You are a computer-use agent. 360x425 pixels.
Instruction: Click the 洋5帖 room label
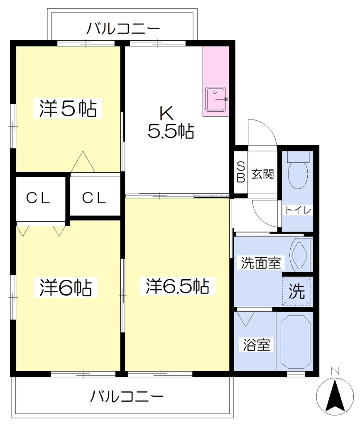pyautogui.click(x=68, y=108)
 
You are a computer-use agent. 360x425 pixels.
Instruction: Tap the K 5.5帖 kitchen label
pyautogui.click(x=171, y=122)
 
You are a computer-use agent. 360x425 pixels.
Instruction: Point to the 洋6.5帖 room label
pyautogui.click(x=178, y=286)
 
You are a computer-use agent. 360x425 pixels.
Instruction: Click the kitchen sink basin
pyautogui.click(x=216, y=99)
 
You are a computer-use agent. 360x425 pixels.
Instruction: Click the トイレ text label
pyautogui.click(x=298, y=210)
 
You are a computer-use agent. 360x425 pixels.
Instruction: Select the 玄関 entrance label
pyautogui.click(x=262, y=174)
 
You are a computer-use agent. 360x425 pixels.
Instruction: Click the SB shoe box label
pyautogui.click(x=241, y=172)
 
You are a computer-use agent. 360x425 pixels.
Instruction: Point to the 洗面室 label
pyautogui.click(x=261, y=262)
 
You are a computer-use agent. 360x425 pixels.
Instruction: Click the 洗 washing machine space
pyautogui.click(x=297, y=291)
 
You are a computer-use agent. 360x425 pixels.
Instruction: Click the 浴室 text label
pyautogui.click(x=256, y=345)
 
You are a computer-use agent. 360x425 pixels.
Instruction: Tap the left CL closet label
pyautogui.click(x=38, y=198)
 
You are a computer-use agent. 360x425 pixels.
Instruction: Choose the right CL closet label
pyautogui.click(x=94, y=198)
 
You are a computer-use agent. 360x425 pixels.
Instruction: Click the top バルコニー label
pyautogui.click(x=123, y=29)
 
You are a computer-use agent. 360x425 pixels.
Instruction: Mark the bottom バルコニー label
pyautogui.click(x=127, y=396)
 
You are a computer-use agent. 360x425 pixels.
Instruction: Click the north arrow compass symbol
pyautogui.click(x=336, y=393)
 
